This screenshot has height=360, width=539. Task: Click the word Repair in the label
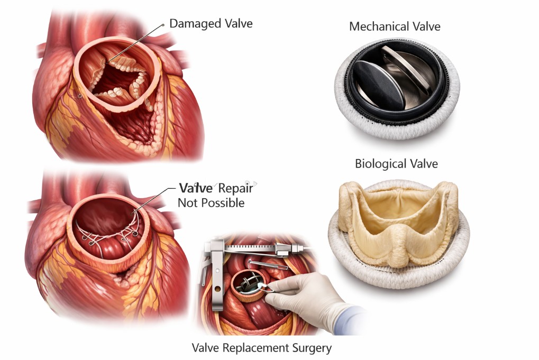click(236, 188)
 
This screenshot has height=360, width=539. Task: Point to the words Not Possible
click(211, 203)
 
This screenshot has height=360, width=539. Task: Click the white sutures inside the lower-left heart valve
click(109, 234)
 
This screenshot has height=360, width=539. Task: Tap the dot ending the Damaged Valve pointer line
click(163, 25)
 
